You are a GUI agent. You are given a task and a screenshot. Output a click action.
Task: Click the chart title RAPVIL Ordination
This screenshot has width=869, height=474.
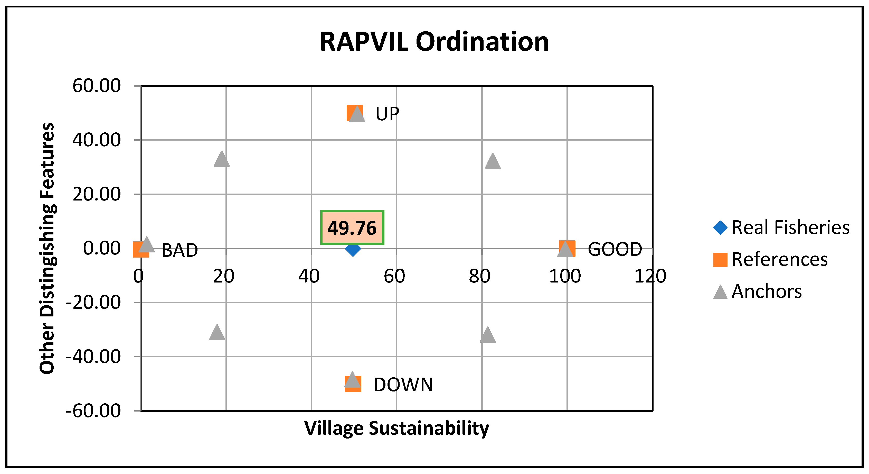click(434, 42)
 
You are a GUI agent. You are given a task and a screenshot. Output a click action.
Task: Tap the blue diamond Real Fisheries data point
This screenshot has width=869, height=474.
click(353, 249)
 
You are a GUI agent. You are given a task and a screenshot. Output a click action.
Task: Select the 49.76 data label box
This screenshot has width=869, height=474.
click(352, 227)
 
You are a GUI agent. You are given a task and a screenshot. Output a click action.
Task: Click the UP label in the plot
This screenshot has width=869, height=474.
click(387, 114)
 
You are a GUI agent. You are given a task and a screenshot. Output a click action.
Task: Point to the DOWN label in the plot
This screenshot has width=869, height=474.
click(403, 385)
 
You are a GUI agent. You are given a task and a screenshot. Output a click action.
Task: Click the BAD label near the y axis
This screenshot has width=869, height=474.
click(180, 251)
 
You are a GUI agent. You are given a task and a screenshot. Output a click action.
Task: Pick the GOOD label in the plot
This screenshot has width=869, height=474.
click(615, 250)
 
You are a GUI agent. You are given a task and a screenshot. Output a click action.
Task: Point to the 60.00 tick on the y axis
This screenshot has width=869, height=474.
click(97, 86)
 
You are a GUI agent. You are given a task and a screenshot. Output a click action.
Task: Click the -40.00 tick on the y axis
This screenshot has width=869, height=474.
click(93, 357)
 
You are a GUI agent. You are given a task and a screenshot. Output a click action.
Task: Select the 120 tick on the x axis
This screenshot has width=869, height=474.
click(650, 276)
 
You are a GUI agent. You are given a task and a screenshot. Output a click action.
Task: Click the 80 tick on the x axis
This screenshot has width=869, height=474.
click(479, 276)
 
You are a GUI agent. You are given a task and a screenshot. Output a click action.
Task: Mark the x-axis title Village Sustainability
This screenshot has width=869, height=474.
click(396, 428)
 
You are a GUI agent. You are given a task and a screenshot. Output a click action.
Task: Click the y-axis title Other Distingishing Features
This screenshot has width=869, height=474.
click(47, 248)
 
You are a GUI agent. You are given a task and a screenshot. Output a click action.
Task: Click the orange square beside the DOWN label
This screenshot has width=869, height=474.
click(353, 388)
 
